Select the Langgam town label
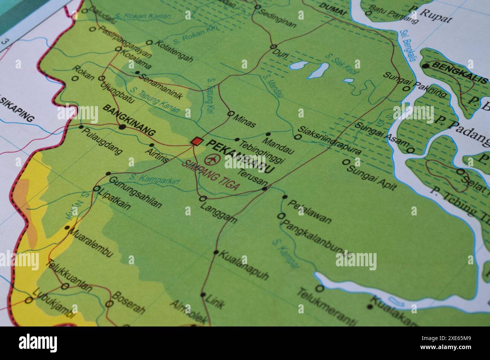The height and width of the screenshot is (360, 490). coord(219,213)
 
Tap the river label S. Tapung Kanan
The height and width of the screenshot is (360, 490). coord(153,100)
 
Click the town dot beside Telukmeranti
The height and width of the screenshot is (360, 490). coord(320,288)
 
